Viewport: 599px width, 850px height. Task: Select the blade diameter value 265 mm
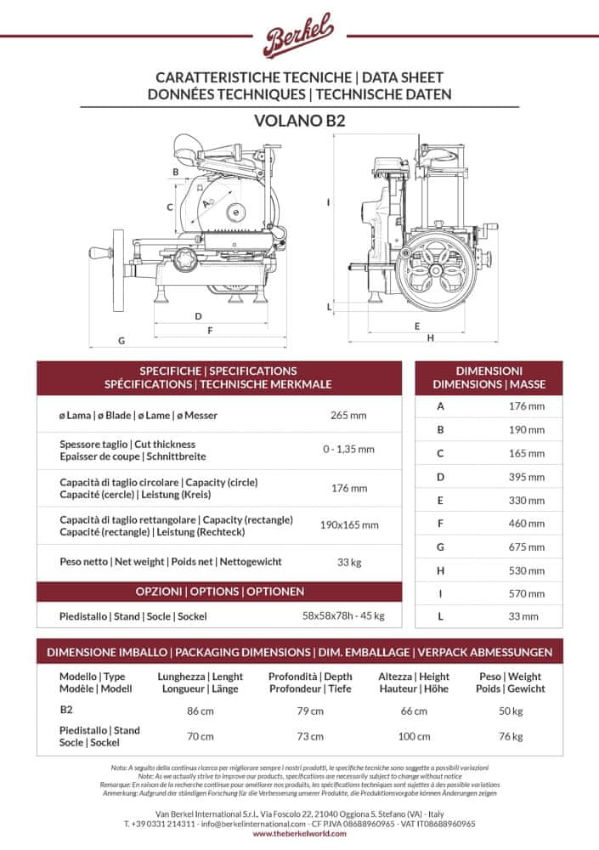pyautogui.click(x=348, y=416)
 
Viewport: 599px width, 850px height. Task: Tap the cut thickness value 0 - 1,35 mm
pyautogui.click(x=348, y=450)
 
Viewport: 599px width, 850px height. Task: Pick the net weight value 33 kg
pyautogui.click(x=348, y=562)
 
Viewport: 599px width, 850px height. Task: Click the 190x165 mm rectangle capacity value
pyautogui.click(x=348, y=524)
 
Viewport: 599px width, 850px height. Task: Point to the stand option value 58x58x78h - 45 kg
pyautogui.click(x=343, y=616)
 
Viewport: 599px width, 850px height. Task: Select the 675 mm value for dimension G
pyautogui.click(x=527, y=547)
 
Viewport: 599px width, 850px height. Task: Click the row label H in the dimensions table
pyautogui.click(x=440, y=570)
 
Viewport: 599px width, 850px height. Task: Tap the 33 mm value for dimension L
pyautogui.click(x=527, y=616)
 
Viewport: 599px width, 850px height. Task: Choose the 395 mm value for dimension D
pyautogui.click(x=527, y=477)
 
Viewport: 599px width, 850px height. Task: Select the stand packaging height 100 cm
pyautogui.click(x=415, y=736)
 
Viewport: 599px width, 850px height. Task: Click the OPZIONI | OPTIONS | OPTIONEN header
pyautogui.click(x=219, y=591)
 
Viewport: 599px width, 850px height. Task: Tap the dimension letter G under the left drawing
pyautogui.click(x=122, y=340)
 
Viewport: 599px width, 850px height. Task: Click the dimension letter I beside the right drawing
pyautogui.click(x=327, y=202)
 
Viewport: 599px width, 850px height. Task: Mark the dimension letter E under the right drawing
pyautogui.click(x=417, y=326)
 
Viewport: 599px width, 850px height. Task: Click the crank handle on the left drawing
pyautogui.click(x=99, y=252)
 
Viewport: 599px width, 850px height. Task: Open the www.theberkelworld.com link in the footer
pyautogui.click(x=299, y=835)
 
